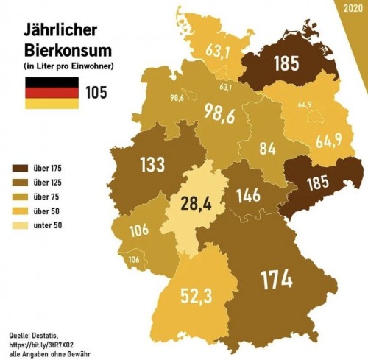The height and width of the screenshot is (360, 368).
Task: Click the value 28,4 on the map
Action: click(x=197, y=202)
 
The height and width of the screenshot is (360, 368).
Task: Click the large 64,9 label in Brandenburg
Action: click(x=327, y=140)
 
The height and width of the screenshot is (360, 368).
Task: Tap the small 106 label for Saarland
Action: click(x=134, y=259)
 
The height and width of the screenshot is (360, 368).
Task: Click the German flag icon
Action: click(x=52, y=93)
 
